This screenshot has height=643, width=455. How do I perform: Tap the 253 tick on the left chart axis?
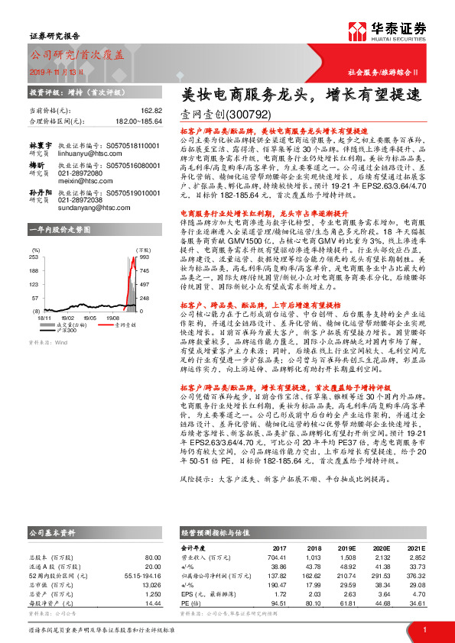coord(35,258)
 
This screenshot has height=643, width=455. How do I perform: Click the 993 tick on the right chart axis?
coord(142,258)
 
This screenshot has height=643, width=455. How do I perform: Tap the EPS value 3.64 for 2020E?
coord(381,593)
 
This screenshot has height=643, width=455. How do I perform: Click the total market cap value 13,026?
coord(150,585)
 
